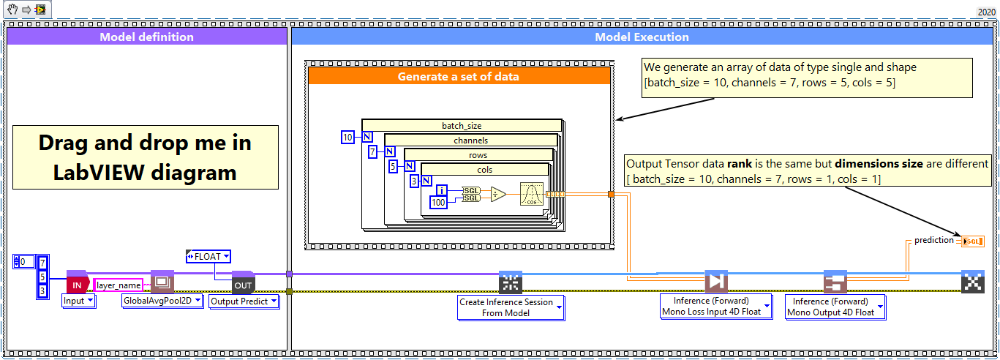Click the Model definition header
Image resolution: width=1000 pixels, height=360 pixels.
click(146, 37)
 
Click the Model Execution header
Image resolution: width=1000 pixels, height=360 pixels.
click(642, 37)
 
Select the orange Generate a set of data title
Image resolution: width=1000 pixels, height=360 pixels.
click(458, 76)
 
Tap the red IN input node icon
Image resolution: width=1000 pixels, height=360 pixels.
click(77, 284)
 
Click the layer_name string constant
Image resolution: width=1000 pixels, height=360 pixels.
click(119, 284)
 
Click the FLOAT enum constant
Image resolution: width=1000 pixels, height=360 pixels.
click(208, 256)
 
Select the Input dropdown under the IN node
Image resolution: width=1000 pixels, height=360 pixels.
click(79, 301)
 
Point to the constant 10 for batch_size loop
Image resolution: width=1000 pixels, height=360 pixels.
click(348, 137)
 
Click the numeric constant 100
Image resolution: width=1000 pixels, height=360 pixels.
click(437, 201)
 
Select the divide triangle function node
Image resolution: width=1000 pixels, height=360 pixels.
click(498, 195)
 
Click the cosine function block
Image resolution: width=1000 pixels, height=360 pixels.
click(531, 195)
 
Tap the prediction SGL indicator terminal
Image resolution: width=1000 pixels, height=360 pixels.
click(972, 241)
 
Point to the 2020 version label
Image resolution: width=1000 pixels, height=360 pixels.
click(985, 12)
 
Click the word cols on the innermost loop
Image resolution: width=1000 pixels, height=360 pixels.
click(484, 170)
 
